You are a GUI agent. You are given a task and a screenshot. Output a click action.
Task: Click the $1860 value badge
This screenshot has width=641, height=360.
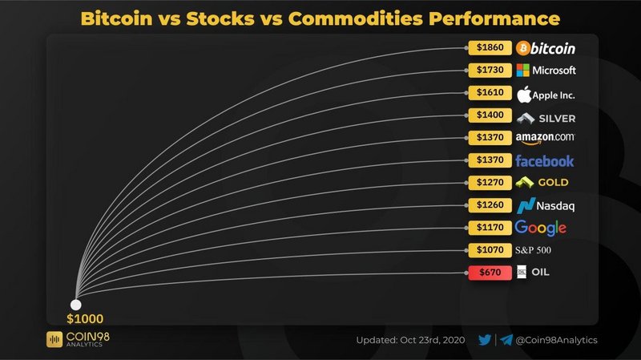490,47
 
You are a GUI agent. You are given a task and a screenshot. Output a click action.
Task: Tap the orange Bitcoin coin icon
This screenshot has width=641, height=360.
523,48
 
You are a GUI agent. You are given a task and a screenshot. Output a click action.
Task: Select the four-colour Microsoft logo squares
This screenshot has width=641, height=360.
523,71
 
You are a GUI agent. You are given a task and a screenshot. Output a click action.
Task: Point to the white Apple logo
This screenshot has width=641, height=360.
524,95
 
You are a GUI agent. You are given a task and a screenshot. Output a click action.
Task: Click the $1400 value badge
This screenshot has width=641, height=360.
490,115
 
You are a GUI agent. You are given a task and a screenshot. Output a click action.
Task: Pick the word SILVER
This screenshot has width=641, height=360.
557,119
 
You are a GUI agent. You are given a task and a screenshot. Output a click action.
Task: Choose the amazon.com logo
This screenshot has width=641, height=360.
545,138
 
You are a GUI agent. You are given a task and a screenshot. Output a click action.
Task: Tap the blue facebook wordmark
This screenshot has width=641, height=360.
545,161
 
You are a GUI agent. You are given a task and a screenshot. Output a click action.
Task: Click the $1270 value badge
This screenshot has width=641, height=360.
490,183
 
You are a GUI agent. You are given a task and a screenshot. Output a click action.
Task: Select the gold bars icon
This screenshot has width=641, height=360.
525,183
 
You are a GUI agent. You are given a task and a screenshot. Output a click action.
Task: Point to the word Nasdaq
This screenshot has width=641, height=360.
555,206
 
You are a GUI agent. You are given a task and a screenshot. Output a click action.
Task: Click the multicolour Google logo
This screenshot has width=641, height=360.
540,228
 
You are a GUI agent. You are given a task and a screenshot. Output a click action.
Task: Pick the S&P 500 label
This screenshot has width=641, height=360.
533,250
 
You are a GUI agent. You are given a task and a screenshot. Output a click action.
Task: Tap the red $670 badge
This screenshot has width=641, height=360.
490,273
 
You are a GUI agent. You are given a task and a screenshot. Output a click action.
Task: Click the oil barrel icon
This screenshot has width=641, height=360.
522,272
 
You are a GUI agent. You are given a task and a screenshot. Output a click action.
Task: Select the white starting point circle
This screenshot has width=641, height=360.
75,305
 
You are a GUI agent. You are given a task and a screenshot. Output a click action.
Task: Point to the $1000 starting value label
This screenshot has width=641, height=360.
85,318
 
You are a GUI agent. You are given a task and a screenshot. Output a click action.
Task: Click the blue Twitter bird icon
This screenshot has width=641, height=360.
485,340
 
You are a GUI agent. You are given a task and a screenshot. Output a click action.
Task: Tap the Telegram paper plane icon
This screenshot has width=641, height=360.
506,340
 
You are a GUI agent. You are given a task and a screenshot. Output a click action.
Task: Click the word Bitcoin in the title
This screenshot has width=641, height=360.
116,18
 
